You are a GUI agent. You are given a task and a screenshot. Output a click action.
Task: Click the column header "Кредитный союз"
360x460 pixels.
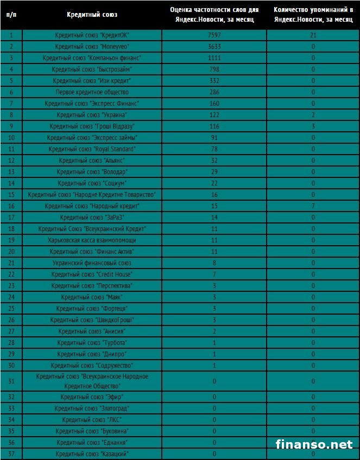click(92, 15)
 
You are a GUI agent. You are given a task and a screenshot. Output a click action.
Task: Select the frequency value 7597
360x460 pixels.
click(214, 35)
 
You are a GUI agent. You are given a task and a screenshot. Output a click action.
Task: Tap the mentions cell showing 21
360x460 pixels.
click(313, 35)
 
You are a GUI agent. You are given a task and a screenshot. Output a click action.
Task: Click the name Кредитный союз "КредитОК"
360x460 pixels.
click(92, 35)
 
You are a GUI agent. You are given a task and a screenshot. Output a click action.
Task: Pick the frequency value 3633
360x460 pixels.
click(214, 47)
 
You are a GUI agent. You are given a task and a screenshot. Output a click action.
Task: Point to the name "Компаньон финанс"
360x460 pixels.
click(92, 58)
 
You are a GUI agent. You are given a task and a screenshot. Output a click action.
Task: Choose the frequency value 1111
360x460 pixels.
click(214, 58)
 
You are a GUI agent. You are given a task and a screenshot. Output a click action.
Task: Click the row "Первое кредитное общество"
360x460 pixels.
click(92, 92)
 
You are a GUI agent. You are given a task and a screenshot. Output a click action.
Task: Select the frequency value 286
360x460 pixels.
click(214, 92)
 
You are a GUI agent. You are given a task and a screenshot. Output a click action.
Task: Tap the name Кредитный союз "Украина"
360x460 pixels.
click(92, 115)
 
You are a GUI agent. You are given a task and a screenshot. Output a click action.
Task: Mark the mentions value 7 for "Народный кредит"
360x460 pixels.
click(313, 206)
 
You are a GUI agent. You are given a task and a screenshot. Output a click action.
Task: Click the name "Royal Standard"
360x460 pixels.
click(92, 149)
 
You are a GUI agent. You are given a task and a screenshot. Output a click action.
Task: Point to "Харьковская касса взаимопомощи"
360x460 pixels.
click(92, 240)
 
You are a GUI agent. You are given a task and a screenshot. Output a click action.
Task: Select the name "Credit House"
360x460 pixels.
click(92, 274)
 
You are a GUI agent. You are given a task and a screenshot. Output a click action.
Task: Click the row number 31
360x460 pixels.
click(11, 381)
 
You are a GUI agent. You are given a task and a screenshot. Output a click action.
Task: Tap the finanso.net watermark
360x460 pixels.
click(314, 444)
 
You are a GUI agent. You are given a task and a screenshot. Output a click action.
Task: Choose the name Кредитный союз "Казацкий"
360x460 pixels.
click(92, 453)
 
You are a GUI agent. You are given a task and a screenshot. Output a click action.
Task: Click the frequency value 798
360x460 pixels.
click(214, 69)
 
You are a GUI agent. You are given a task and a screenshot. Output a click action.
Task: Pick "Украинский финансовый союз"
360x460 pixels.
click(92, 263)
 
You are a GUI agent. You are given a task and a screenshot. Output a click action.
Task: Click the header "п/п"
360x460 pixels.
click(11, 15)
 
